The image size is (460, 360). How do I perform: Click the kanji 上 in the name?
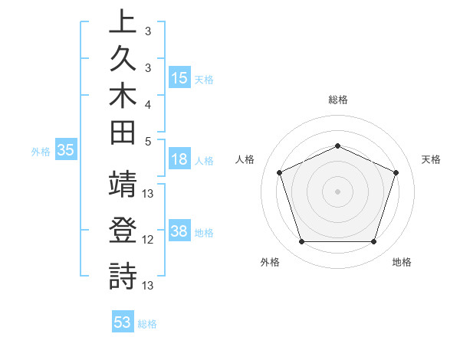point(123,22)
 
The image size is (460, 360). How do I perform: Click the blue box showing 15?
point(179,78)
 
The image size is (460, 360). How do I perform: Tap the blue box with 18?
point(179,160)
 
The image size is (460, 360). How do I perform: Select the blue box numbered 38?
point(179,231)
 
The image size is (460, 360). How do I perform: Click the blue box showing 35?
point(66,151)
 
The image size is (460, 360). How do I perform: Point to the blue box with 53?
point(123,322)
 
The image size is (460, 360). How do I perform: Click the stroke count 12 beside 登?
point(148,240)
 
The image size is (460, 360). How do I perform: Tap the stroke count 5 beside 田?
point(148,141)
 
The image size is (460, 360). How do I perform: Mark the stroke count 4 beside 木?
point(148,103)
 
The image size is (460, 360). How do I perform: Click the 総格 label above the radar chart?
point(337,100)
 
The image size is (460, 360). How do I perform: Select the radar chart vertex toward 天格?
point(396,172)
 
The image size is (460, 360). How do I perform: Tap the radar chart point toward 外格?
point(301,242)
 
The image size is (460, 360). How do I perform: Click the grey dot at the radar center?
point(337,191)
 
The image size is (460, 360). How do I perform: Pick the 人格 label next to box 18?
point(205,161)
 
